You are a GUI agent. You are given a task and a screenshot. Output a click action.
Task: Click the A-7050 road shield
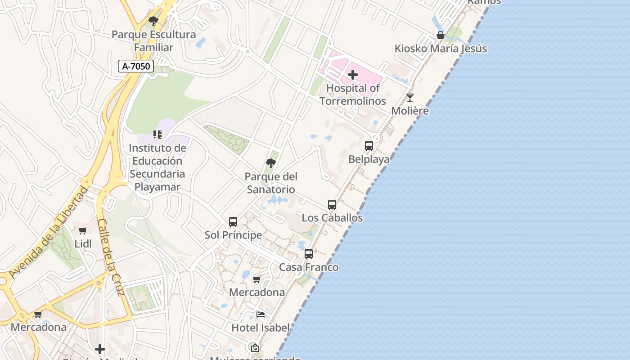136,66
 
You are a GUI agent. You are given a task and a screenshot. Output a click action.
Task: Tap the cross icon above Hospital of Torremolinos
353,74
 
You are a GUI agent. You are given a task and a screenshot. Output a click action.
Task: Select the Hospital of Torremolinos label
353,94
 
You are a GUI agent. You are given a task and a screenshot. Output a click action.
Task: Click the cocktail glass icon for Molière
410,98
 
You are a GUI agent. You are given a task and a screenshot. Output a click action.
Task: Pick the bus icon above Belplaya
369,146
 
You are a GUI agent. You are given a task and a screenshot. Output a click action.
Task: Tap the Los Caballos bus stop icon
332,205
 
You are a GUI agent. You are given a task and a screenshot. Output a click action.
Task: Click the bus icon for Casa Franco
309,254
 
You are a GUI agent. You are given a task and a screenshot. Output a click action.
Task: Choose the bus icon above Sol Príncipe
233,222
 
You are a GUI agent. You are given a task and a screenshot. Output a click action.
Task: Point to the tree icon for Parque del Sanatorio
271,163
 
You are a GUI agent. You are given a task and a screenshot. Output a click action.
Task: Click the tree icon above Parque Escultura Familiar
153,21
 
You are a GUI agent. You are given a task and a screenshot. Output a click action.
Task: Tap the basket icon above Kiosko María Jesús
441,35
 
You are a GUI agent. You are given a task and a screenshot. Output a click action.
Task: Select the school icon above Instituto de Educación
157,134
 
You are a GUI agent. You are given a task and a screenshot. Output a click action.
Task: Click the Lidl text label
83,244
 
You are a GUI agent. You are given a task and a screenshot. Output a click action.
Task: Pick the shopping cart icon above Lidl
83,231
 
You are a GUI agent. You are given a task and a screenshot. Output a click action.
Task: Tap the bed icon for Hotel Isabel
261,314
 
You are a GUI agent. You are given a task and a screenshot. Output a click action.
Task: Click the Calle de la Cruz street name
111,257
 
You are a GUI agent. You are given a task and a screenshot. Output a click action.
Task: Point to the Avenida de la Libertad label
48,232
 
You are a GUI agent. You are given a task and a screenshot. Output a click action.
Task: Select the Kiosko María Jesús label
441,49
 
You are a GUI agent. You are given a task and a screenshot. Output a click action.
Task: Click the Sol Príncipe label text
233,235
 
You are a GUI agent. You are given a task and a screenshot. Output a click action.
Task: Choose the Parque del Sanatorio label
271,183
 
